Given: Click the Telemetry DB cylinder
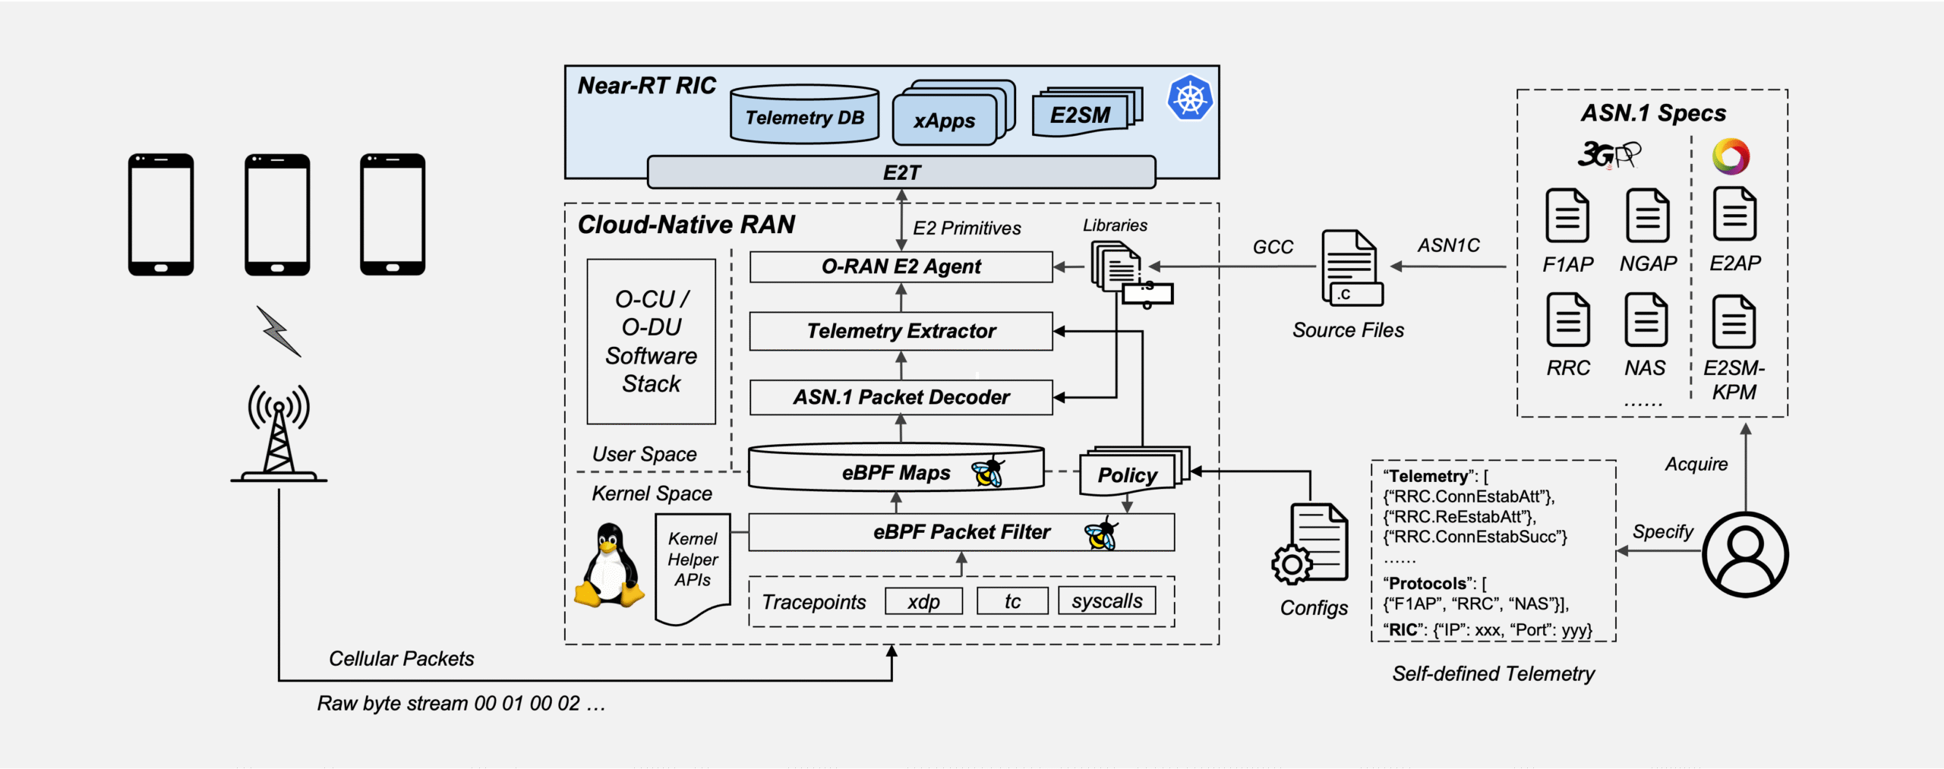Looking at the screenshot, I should [804, 115].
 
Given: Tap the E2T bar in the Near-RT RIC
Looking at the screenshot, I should [901, 172].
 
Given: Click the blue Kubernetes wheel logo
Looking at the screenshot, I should [1189, 98].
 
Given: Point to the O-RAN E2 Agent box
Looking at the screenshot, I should [901, 266].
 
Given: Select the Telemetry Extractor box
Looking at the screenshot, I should [901, 331].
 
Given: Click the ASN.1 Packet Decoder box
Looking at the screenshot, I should [901, 397].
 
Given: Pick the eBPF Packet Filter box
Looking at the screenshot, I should [961, 532].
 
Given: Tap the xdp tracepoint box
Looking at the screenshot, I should [923, 601].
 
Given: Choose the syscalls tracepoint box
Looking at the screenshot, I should [1106, 601].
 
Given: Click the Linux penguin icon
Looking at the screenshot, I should [609, 566].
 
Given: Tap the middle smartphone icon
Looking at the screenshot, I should [277, 214].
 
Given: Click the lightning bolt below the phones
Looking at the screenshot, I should [279, 331].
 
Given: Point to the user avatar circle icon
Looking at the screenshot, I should [1745, 554].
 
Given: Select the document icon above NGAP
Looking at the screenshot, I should [1646, 216].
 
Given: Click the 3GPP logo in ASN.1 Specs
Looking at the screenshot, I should [1608, 154].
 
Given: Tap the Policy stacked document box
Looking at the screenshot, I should [1129, 474].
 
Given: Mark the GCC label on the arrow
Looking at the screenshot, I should [1273, 247].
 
